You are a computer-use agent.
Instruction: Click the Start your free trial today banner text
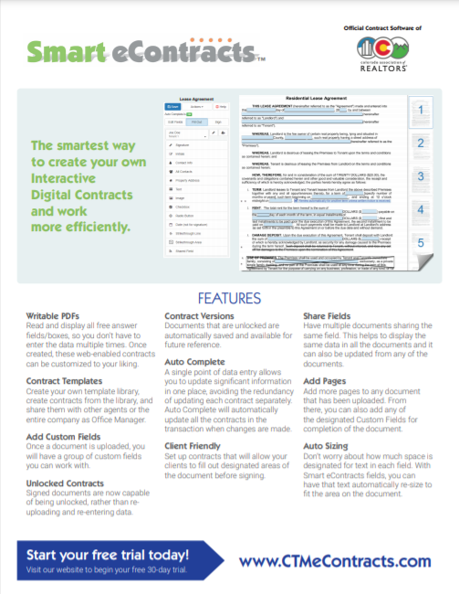coord(109,555)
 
